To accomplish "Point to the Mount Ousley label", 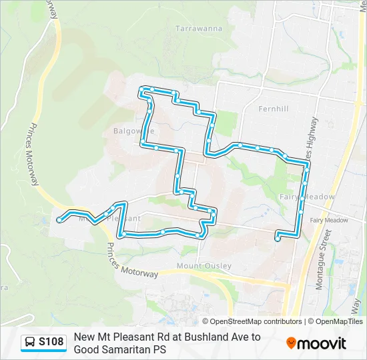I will click(204, 266).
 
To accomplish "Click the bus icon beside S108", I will click(30, 342).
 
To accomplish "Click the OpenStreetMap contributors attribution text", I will click(252, 321).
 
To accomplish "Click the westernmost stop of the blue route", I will click(60, 219).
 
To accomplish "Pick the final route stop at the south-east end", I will click(278, 239).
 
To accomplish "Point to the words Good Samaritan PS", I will click(120, 349).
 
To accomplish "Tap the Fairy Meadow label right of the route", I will click(328, 220).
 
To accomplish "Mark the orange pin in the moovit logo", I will click(292, 343).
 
